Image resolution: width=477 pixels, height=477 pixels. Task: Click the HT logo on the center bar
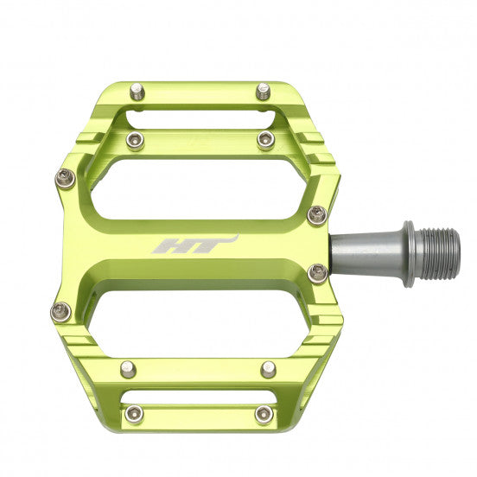tap(194, 245)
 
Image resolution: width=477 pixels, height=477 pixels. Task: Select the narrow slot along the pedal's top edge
tap(200, 118)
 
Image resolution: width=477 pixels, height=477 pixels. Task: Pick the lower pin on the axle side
tap(317, 273)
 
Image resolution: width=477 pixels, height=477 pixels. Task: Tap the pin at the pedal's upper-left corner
tap(66, 178)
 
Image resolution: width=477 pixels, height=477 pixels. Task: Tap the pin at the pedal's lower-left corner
tap(60, 311)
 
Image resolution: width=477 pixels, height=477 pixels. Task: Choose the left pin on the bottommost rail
tap(133, 412)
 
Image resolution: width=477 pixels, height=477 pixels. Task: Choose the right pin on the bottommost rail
tap(263, 412)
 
